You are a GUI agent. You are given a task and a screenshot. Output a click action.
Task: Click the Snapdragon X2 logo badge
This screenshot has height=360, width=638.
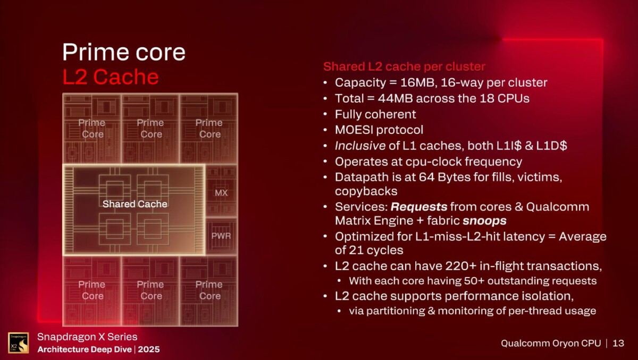click(x=18, y=343)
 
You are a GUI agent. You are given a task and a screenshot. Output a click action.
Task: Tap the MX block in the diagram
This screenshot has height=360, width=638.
click(x=221, y=192)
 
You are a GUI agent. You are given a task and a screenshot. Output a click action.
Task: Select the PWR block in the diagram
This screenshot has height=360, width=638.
click(x=221, y=235)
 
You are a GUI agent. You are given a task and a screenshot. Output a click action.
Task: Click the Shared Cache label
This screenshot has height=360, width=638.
click(x=135, y=204)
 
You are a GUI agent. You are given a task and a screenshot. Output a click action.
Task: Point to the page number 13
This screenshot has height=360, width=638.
click(x=618, y=343)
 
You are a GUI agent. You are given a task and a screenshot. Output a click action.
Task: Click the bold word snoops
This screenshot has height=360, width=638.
click(x=484, y=220)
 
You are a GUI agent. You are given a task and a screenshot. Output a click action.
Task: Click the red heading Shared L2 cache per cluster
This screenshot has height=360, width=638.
click(x=404, y=66)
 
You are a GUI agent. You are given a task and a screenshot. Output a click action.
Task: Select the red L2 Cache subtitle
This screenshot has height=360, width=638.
click(x=111, y=77)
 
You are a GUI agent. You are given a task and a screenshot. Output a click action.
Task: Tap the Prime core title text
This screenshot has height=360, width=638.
click(x=124, y=52)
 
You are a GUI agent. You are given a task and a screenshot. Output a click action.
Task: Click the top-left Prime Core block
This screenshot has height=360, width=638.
click(x=92, y=128)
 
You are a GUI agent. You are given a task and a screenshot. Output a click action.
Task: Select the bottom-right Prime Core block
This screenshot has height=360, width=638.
click(x=209, y=290)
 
